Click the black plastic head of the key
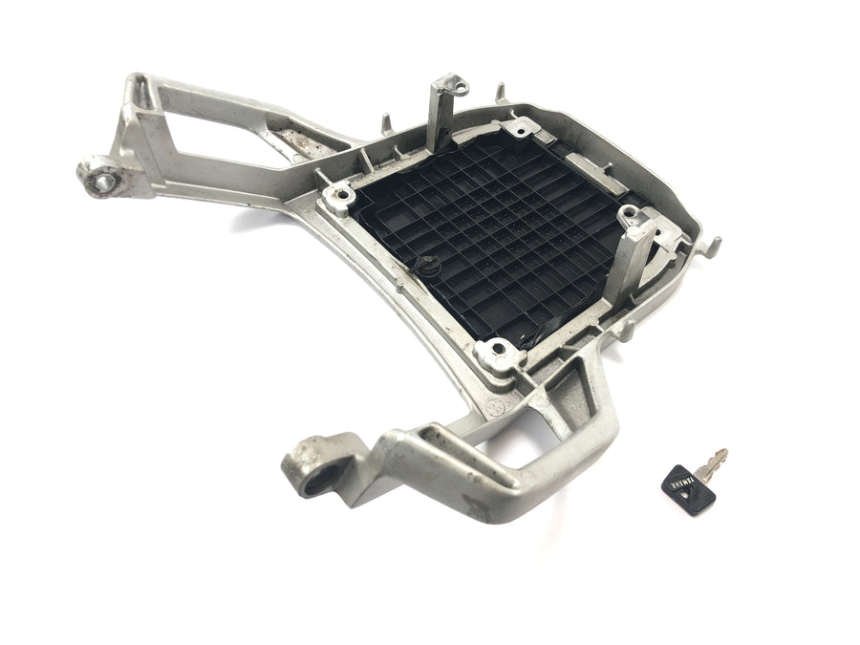pyautogui.click(x=688, y=488)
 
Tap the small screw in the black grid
pyautogui.click(x=428, y=265)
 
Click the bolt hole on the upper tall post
pyautogui.click(x=461, y=86)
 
